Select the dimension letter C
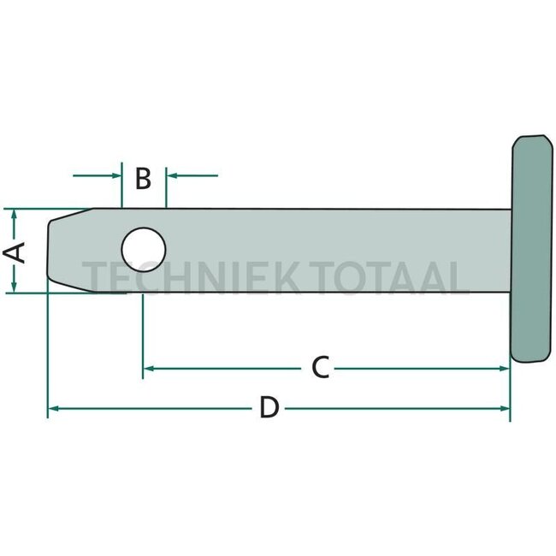coord(320,368)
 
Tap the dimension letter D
coord(269,409)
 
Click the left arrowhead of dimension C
coord(148,368)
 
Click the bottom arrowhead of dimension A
coord(14,287)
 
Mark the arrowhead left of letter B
coord(117,176)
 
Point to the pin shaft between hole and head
coord(342,248)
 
